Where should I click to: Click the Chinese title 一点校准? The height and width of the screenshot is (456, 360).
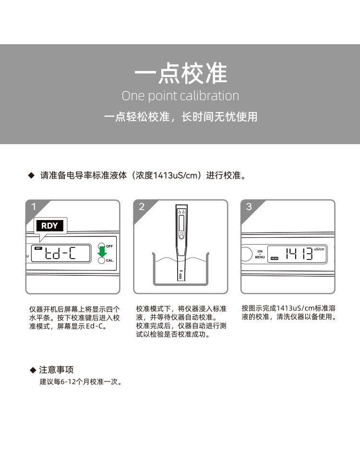(x=180, y=74)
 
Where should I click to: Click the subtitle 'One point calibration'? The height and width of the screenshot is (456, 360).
(x=180, y=96)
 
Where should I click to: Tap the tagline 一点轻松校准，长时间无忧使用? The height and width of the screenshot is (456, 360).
(x=180, y=117)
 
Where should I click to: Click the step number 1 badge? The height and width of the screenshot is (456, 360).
(x=34, y=207)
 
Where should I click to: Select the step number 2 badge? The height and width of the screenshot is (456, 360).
(x=142, y=207)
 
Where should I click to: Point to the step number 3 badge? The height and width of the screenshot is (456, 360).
(x=249, y=207)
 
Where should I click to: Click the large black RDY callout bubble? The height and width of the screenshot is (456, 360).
(x=49, y=226)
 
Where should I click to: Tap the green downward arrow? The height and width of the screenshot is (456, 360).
(x=102, y=251)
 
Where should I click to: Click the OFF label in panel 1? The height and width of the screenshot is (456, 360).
(x=109, y=246)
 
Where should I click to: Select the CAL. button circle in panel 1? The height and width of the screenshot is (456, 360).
(x=101, y=260)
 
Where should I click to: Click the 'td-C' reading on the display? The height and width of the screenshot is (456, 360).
(x=60, y=253)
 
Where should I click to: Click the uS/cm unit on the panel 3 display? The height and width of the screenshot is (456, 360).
(x=319, y=249)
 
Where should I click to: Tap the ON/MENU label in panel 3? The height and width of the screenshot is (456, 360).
(x=260, y=254)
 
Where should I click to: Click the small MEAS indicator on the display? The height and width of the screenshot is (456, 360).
(x=275, y=258)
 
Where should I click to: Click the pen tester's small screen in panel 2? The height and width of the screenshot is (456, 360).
(x=181, y=223)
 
